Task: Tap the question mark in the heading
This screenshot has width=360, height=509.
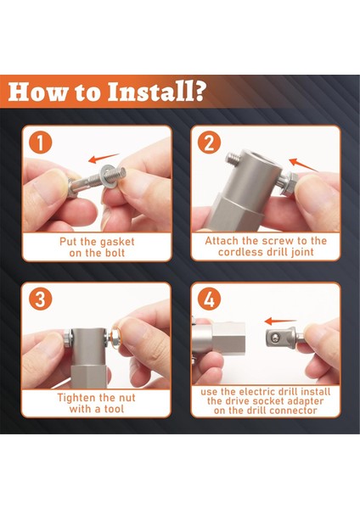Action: (x=201, y=92)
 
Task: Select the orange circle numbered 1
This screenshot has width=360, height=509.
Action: (x=41, y=143)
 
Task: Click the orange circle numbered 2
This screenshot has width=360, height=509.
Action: (x=210, y=143)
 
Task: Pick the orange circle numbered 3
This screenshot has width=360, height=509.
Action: (x=41, y=299)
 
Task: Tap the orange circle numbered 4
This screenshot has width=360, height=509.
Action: (x=210, y=299)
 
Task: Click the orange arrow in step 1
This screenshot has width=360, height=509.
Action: (x=104, y=158)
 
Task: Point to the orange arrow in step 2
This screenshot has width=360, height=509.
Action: (x=303, y=165)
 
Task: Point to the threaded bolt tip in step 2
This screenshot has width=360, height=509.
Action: (x=233, y=159)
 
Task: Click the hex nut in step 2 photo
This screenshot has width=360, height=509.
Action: (x=290, y=184)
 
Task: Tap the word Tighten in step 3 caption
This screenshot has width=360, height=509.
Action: (x=76, y=398)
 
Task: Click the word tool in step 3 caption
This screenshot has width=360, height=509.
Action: (x=114, y=409)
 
